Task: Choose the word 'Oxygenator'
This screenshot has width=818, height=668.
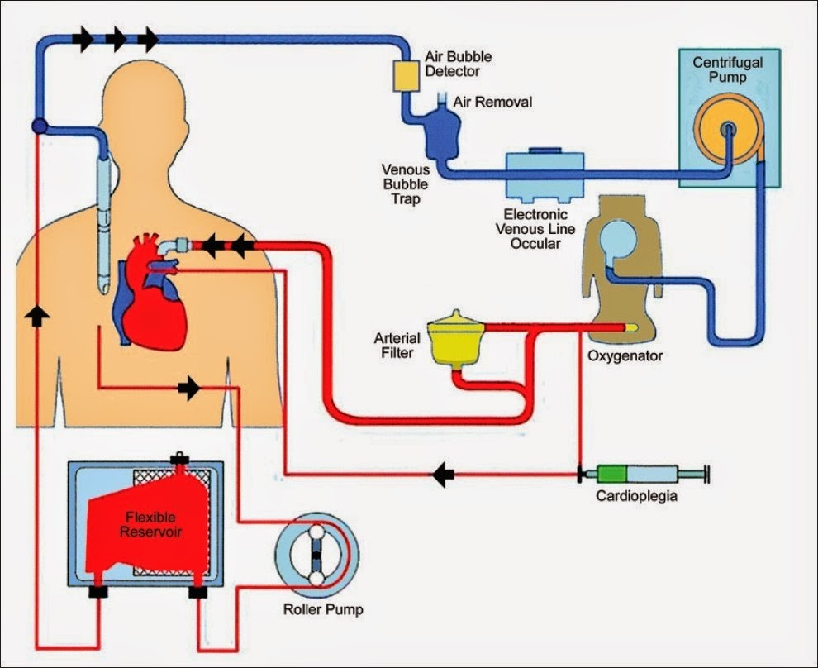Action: pyautogui.click(x=625, y=356)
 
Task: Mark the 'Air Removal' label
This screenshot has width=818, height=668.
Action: pyautogui.click(x=493, y=103)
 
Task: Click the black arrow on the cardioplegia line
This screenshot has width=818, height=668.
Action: pyautogui.click(x=443, y=475)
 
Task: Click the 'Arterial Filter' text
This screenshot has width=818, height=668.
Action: pyautogui.click(x=397, y=346)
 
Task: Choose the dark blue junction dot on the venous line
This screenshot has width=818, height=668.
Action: pyautogui.click(x=38, y=126)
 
